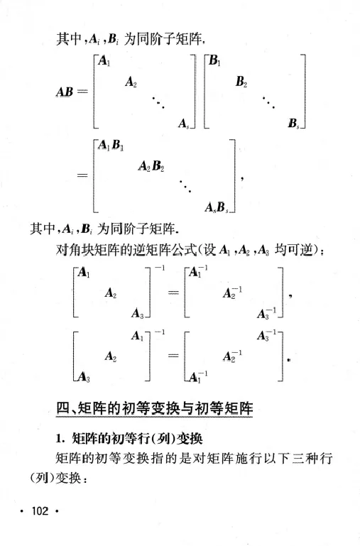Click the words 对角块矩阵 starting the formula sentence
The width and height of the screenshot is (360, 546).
(86, 251)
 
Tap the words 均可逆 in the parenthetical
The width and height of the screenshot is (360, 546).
(291, 251)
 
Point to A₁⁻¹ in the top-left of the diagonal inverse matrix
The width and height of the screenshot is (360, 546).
(199, 273)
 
